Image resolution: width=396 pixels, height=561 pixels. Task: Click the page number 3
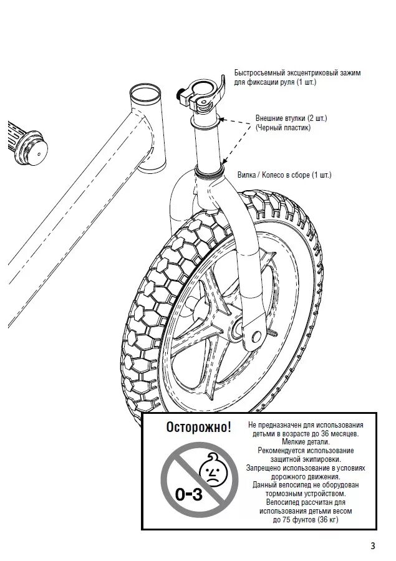click(x=372, y=546)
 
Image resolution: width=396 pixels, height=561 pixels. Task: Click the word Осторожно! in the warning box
click(x=198, y=427)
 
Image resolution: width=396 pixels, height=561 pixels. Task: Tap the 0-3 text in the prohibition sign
click(x=188, y=495)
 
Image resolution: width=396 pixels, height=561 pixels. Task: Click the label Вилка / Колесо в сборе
click(x=284, y=175)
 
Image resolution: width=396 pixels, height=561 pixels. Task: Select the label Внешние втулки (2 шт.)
click(x=291, y=118)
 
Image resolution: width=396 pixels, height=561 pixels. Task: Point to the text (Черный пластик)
click(x=283, y=127)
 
